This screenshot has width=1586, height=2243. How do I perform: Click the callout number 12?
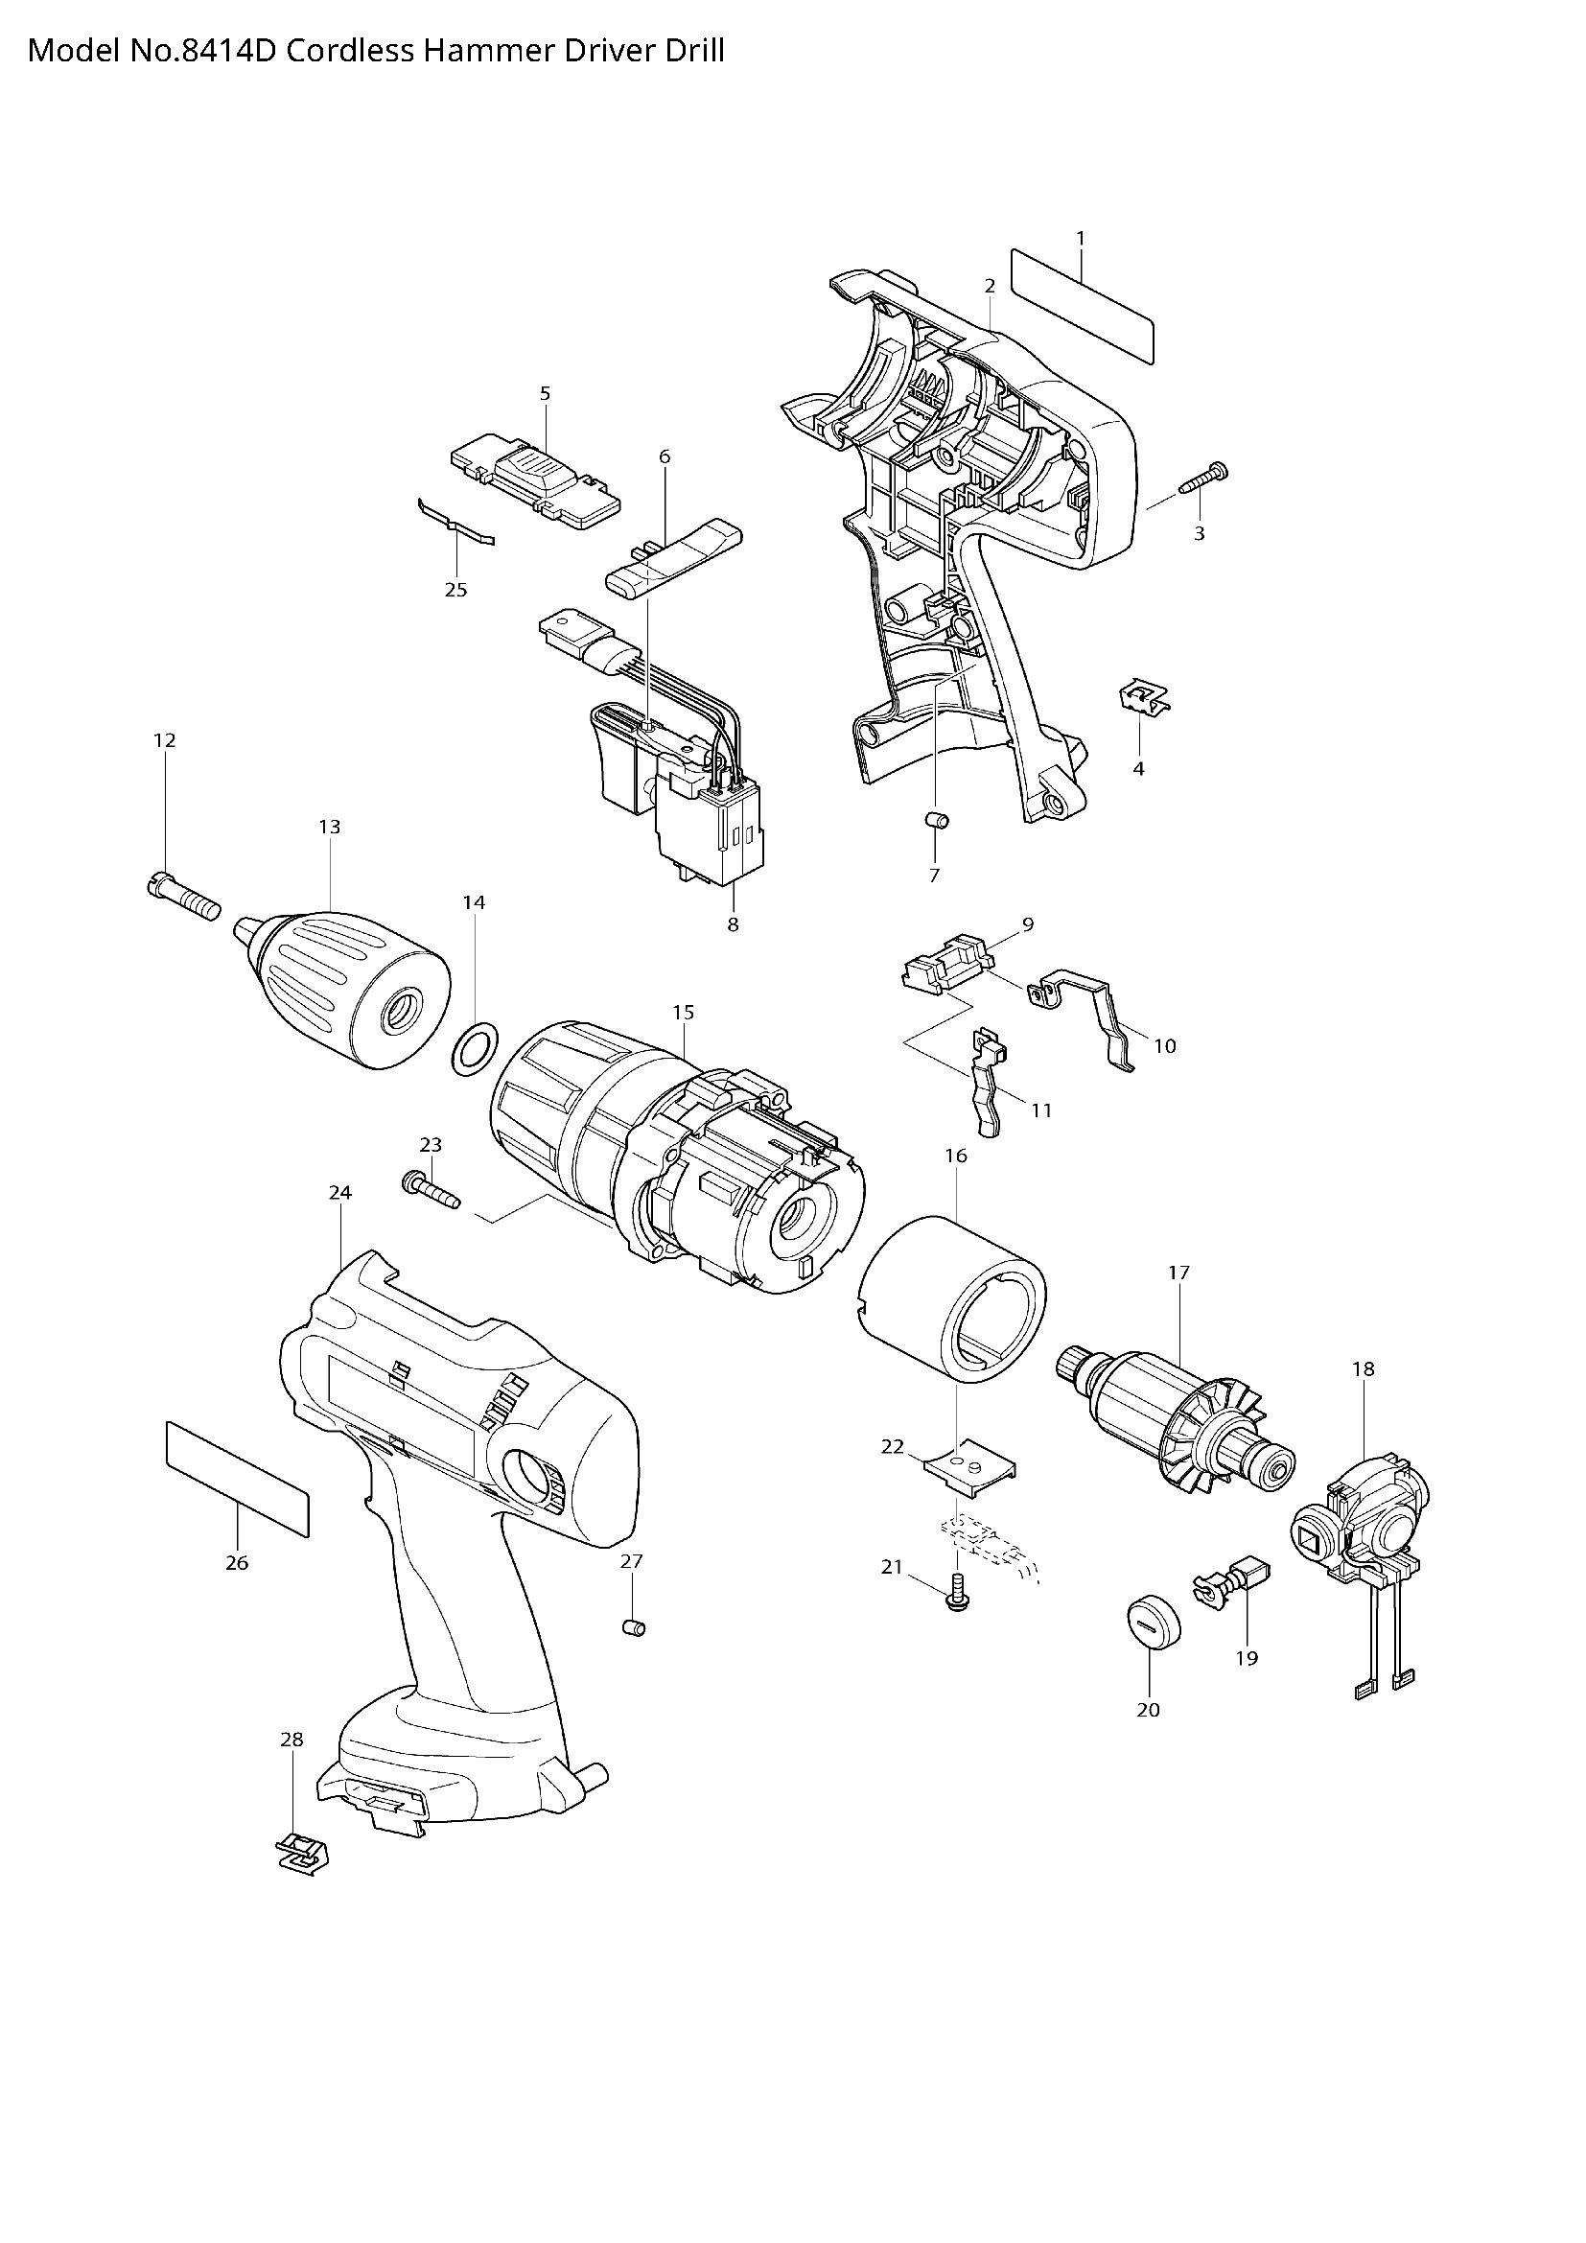pos(164,740)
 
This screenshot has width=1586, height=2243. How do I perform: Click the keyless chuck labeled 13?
pos(350,988)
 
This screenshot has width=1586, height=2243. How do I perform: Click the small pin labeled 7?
pos(937,819)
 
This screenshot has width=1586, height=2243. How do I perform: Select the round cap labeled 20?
pos(1154,1623)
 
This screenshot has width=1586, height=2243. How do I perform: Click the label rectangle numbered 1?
pos(1082,305)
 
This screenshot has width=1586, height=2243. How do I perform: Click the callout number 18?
pos(1364,1368)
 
